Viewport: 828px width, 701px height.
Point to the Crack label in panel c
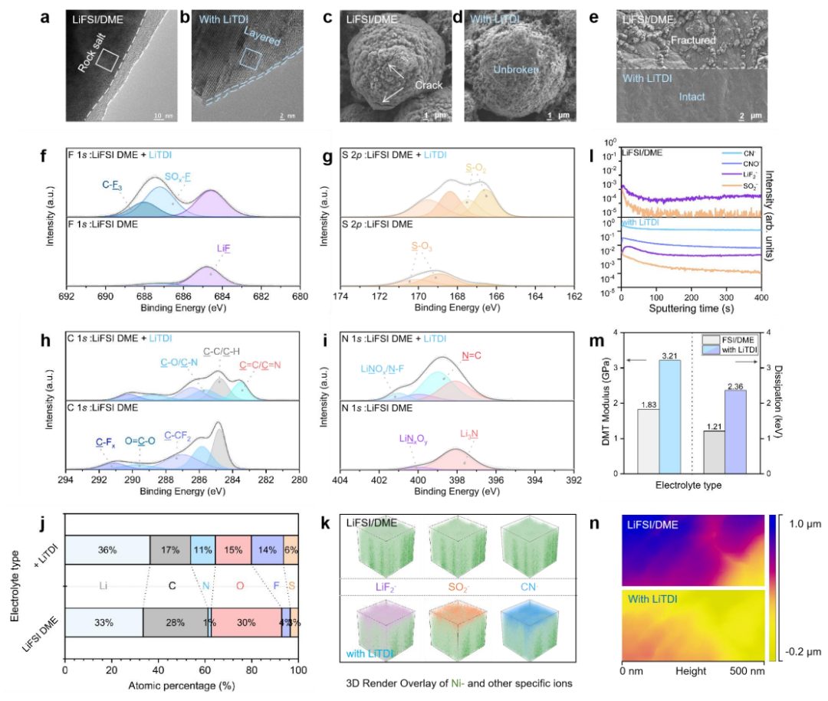(x=428, y=85)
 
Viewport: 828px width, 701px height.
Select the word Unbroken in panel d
(x=514, y=70)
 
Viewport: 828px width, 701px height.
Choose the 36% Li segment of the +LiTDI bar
(x=107, y=549)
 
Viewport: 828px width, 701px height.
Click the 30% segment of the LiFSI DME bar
(x=245, y=623)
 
